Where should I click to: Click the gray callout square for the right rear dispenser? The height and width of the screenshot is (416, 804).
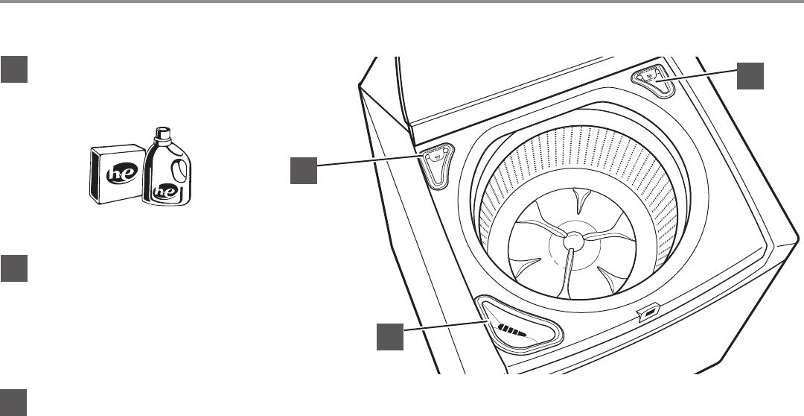750,76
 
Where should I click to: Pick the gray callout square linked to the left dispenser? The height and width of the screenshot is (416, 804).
303,171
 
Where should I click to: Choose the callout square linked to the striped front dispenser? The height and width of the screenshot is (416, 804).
389,337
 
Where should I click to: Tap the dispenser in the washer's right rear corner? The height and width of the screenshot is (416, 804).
653,80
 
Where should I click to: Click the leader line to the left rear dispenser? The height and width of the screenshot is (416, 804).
368,163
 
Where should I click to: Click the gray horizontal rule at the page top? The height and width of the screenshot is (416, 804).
402,2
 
